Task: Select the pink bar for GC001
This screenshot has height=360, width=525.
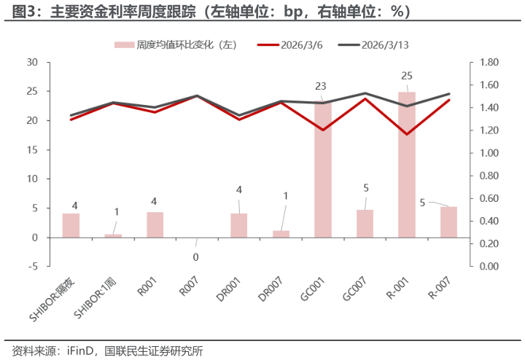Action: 323,170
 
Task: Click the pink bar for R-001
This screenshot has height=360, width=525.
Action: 407,165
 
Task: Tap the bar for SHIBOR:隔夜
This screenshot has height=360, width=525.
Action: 71,225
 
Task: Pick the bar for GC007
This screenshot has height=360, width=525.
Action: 365,224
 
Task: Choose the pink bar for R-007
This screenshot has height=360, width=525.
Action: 448,222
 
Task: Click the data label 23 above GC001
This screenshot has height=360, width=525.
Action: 321,86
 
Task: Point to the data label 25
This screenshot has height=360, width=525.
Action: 407,76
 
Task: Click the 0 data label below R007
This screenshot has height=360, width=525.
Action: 195,257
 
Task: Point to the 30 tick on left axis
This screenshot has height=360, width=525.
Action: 32,63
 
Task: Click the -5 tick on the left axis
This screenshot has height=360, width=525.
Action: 32,267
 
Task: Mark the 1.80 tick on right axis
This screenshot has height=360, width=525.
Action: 489,63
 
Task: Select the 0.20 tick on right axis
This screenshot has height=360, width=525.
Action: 489,244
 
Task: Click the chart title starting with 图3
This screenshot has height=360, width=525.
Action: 211,12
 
